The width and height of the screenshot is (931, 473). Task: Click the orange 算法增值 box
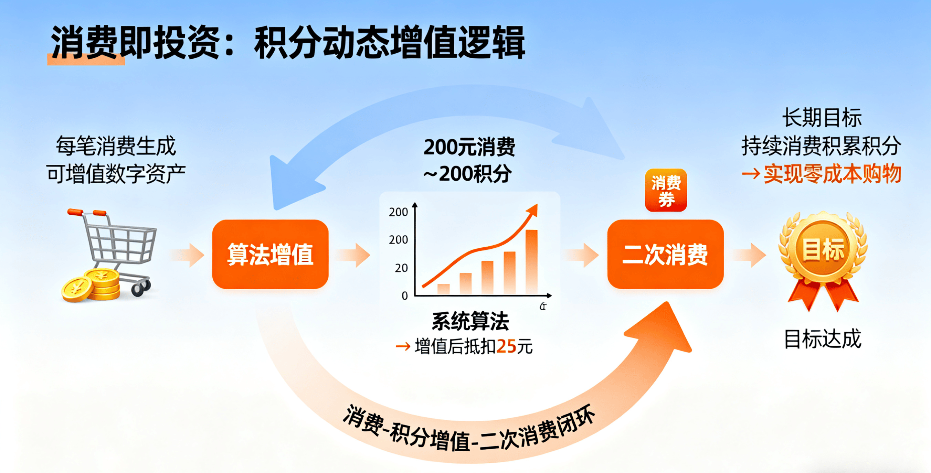[270, 254]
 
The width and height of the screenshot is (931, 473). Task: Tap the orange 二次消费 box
[665, 254]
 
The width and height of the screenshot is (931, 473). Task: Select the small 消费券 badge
[666, 190]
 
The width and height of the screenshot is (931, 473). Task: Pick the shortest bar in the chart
[443, 289]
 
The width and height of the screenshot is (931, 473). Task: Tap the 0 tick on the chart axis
[405, 296]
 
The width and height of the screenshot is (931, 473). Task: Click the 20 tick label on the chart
[401, 268]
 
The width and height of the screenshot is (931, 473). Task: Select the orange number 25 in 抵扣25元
[506, 346]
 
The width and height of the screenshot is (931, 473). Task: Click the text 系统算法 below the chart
[470, 321]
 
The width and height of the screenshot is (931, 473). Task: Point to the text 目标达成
[823, 339]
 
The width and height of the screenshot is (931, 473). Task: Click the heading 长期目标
[822, 118]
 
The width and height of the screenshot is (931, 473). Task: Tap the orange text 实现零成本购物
[832, 174]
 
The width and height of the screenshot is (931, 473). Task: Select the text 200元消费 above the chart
[469, 147]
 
